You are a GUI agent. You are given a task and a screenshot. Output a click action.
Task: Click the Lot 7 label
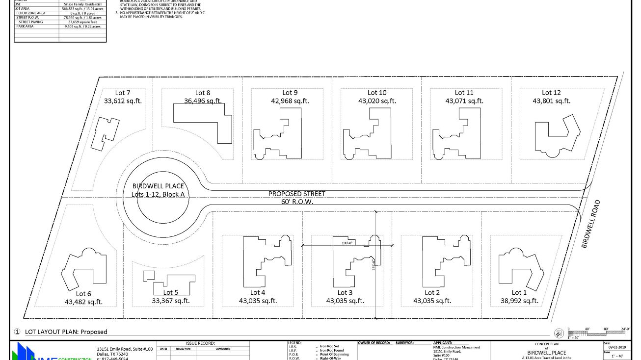[123, 93]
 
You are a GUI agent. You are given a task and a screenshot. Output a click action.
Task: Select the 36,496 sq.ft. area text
[203, 101]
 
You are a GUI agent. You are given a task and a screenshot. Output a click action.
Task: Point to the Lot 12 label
[551, 93]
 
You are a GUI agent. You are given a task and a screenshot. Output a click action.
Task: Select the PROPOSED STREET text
[296, 194]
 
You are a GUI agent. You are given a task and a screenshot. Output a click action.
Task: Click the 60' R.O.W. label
[296, 202]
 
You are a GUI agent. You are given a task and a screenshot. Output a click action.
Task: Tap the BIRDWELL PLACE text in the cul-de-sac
[158, 186]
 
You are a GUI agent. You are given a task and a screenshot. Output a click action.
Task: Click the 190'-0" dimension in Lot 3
[347, 243]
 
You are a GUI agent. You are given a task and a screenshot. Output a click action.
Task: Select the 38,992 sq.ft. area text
[519, 301]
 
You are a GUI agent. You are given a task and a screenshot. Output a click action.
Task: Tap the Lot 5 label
[170, 293]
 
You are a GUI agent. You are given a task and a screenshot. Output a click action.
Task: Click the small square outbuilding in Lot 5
[149, 276]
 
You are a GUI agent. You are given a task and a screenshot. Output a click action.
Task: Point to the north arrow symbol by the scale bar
[559, 333]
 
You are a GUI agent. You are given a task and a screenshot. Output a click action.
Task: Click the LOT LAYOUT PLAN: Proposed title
[66, 332]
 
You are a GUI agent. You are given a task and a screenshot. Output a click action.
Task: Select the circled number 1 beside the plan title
[17, 332]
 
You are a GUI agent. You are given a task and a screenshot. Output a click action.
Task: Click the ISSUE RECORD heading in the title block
[200, 343]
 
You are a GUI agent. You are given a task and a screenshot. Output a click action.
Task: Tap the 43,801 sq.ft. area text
[551, 101]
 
